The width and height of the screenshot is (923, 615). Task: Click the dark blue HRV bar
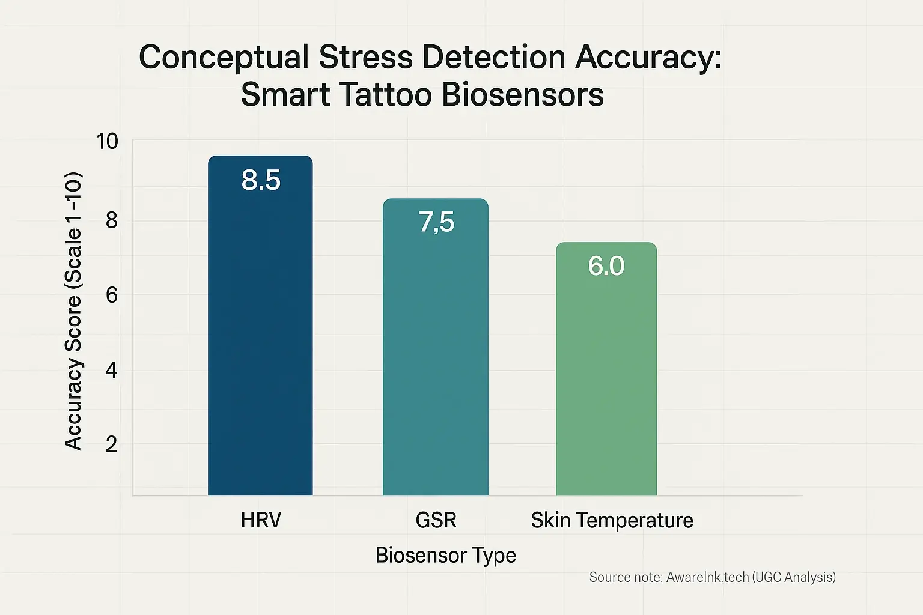(x=260, y=336)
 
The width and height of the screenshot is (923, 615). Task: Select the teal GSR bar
(x=436, y=360)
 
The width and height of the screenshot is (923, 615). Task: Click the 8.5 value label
(x=261, y=180)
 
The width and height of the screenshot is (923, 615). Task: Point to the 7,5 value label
(x=436, y=222)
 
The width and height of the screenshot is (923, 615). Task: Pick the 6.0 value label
(x=606, y=265)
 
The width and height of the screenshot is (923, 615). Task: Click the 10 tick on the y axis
(x=108, y=142)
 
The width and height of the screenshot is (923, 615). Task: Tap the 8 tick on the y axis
(x=111, y=220)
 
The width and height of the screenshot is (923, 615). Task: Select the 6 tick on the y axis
(x=111, y=295)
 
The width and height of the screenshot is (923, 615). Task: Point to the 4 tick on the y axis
(x=111, y=370)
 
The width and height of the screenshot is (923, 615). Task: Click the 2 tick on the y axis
(x=111, y=444)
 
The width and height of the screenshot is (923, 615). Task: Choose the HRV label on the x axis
(x=261, y=520)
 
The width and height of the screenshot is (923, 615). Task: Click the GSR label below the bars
(x=436, y=520)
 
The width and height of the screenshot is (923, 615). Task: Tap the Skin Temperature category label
(x=612, y=520)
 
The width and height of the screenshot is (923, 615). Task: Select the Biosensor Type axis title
(x=445, y=555)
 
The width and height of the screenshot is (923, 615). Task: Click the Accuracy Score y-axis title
(x=73, y=311)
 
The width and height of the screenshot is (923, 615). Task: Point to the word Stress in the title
(x=366, y=58)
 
